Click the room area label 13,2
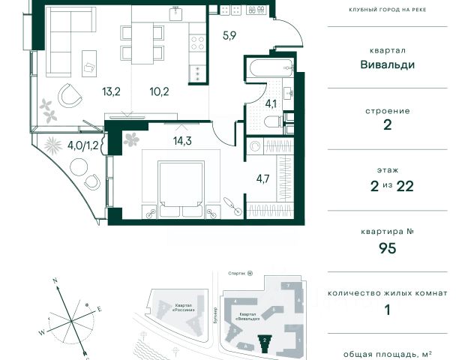coord(112,93)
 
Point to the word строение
coord(388,110)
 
